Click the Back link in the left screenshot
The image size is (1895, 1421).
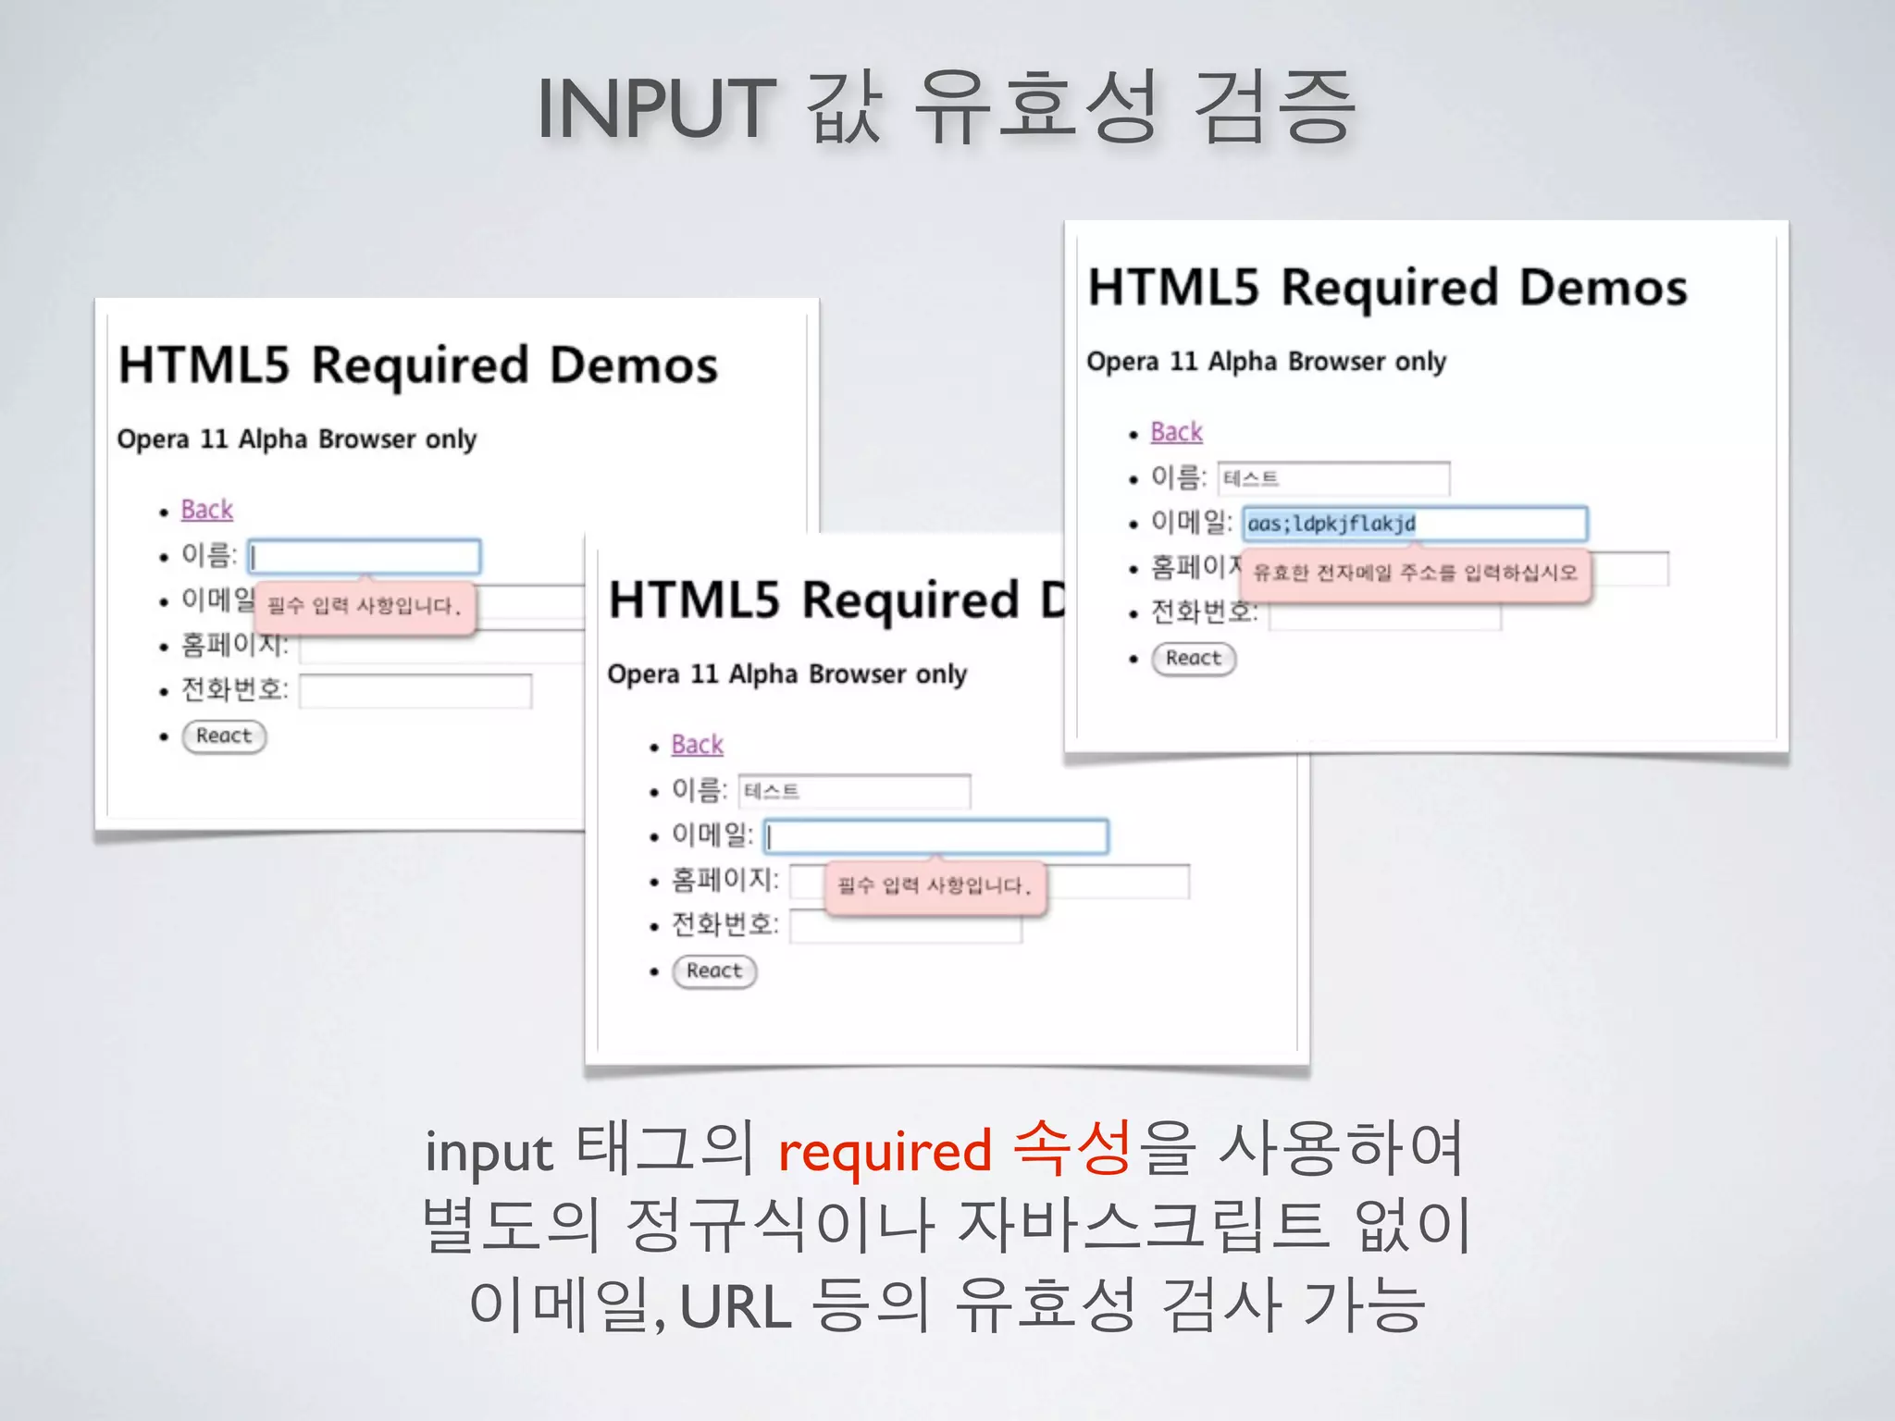(206, 510)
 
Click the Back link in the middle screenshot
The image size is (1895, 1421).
(697, 745)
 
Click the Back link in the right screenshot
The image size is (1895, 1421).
(1176, 432)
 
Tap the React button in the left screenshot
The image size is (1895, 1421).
(224, 736)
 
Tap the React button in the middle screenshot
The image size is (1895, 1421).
(714, 971)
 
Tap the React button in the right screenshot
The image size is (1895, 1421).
(1194, 659)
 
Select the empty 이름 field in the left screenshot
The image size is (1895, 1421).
(365, 557)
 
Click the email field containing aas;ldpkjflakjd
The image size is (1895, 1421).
(1414, 524)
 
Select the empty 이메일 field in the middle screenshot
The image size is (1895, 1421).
(935, 836)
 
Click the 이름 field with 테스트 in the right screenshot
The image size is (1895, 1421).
(1333, 478)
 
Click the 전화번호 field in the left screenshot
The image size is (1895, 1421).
(415, 691)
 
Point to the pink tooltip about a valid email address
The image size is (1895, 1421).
(1415, 574)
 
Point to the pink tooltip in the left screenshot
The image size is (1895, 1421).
(364, 607)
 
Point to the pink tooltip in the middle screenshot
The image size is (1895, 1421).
(935, 887)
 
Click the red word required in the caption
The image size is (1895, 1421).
(885, 1153)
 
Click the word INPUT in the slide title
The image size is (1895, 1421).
(655, 109)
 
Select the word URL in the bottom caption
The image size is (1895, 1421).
(736, 1306)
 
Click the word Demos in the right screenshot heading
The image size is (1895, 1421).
(1603, 288)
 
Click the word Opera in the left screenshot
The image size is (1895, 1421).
(153, 439)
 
